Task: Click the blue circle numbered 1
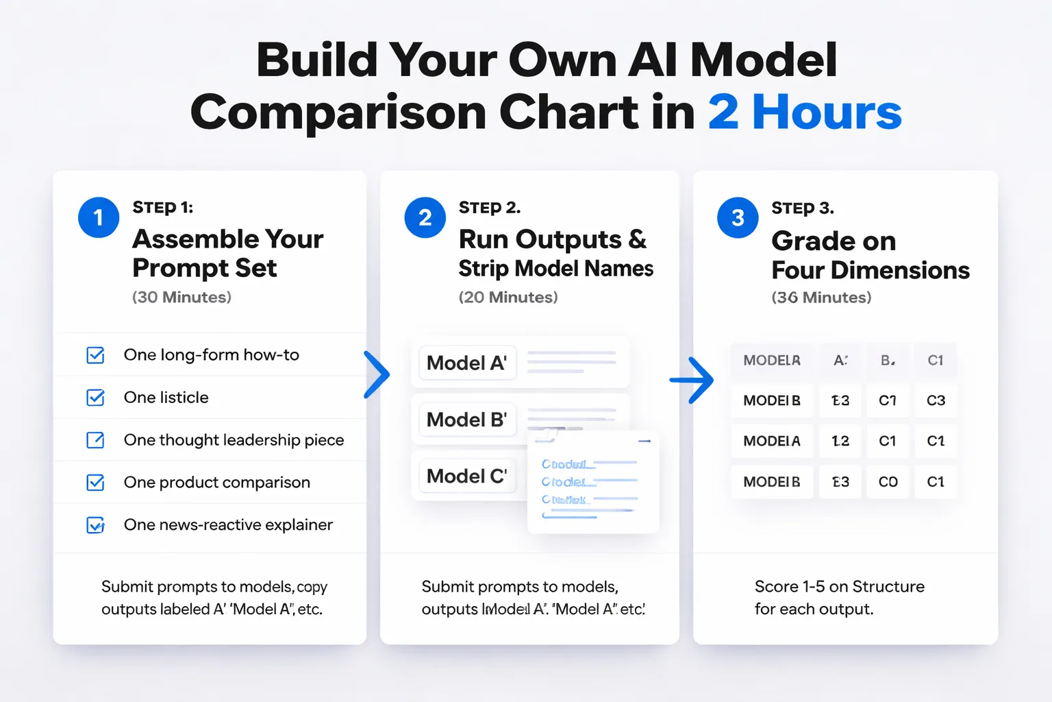99,217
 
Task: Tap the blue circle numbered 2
425,217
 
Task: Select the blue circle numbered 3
738,218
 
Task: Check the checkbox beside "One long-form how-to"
96,355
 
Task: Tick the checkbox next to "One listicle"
96,398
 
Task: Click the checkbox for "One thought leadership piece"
96,440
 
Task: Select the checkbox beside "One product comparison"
96,483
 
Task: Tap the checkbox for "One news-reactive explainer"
96,525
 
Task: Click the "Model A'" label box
467,363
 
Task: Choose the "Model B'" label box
467,420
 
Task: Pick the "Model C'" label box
467,476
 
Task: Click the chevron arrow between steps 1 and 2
376,374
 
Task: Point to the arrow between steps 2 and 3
692,379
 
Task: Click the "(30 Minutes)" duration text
181,297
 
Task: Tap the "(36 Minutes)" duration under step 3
821,298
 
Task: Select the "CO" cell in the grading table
888,482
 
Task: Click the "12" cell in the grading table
840,441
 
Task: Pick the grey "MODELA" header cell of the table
772,361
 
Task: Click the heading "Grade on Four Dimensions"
870,255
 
